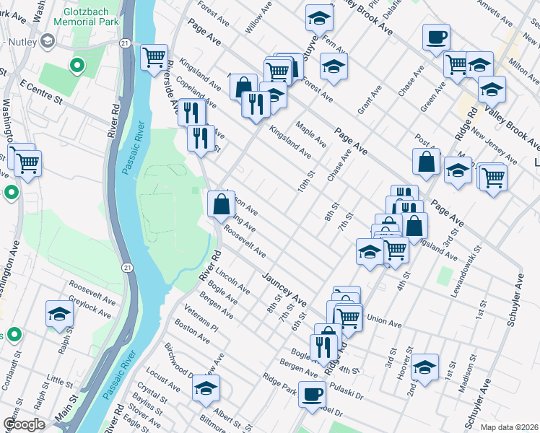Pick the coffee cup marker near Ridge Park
pos(312,395)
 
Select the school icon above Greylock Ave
pos(59,314)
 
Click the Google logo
pos(24,424)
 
